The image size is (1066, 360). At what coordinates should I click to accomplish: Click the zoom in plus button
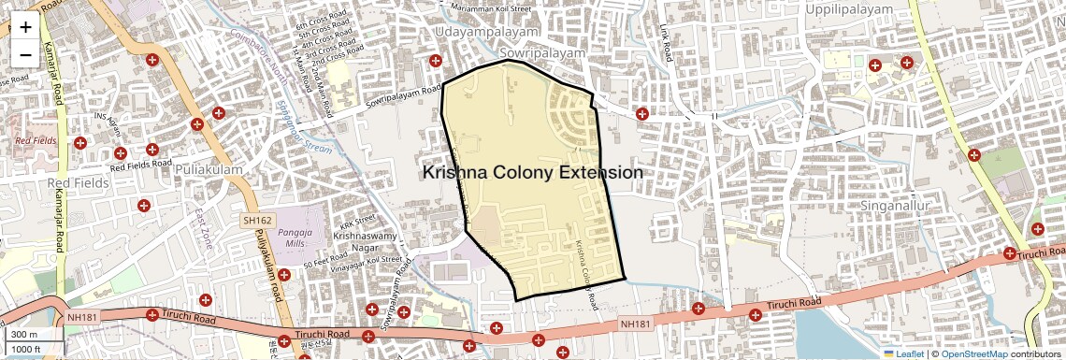25,26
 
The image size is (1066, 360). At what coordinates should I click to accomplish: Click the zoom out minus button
25,55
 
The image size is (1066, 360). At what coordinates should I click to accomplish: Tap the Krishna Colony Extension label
532,173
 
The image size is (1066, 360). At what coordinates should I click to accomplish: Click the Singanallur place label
883,204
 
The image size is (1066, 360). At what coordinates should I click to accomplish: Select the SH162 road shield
255,221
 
